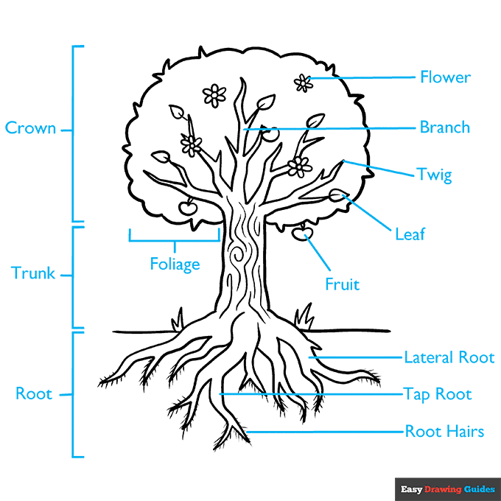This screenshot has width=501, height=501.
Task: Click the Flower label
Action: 445,77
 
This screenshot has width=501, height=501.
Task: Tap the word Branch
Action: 444,127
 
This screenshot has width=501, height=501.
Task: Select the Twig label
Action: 434,175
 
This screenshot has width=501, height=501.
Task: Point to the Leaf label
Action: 410,234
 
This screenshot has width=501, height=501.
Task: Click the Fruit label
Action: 343,283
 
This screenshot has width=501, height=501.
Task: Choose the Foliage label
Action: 175,263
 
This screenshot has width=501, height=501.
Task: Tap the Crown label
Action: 30,128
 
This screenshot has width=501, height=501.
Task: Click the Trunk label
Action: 33,273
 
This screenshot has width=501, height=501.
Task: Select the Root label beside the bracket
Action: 34,393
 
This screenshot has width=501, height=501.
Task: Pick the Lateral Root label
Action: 449,357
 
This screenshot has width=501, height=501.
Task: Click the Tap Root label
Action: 438,393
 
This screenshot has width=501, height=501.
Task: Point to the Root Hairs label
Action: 444,431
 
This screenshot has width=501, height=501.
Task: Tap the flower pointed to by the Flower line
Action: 303,83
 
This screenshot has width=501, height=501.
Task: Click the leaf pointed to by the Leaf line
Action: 338,195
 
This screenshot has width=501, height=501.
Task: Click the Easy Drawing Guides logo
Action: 447,488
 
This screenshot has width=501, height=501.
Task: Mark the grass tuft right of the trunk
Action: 303,318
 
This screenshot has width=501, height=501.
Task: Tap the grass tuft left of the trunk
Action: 177,322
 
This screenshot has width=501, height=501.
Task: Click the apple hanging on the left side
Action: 189,208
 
